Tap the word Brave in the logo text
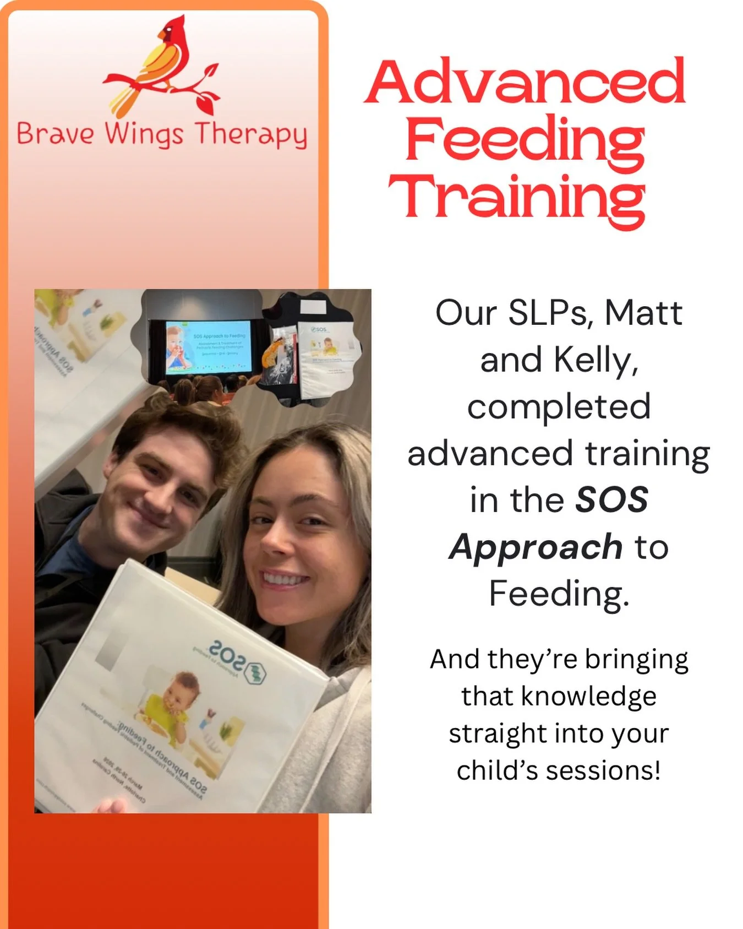[55, 134]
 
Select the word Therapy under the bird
[251, 135]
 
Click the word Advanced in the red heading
[526, 83]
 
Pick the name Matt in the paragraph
[643, 313]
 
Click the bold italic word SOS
[611, 500]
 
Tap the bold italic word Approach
[536, 547]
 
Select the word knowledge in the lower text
[588, 697]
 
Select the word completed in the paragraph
[559, 406]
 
